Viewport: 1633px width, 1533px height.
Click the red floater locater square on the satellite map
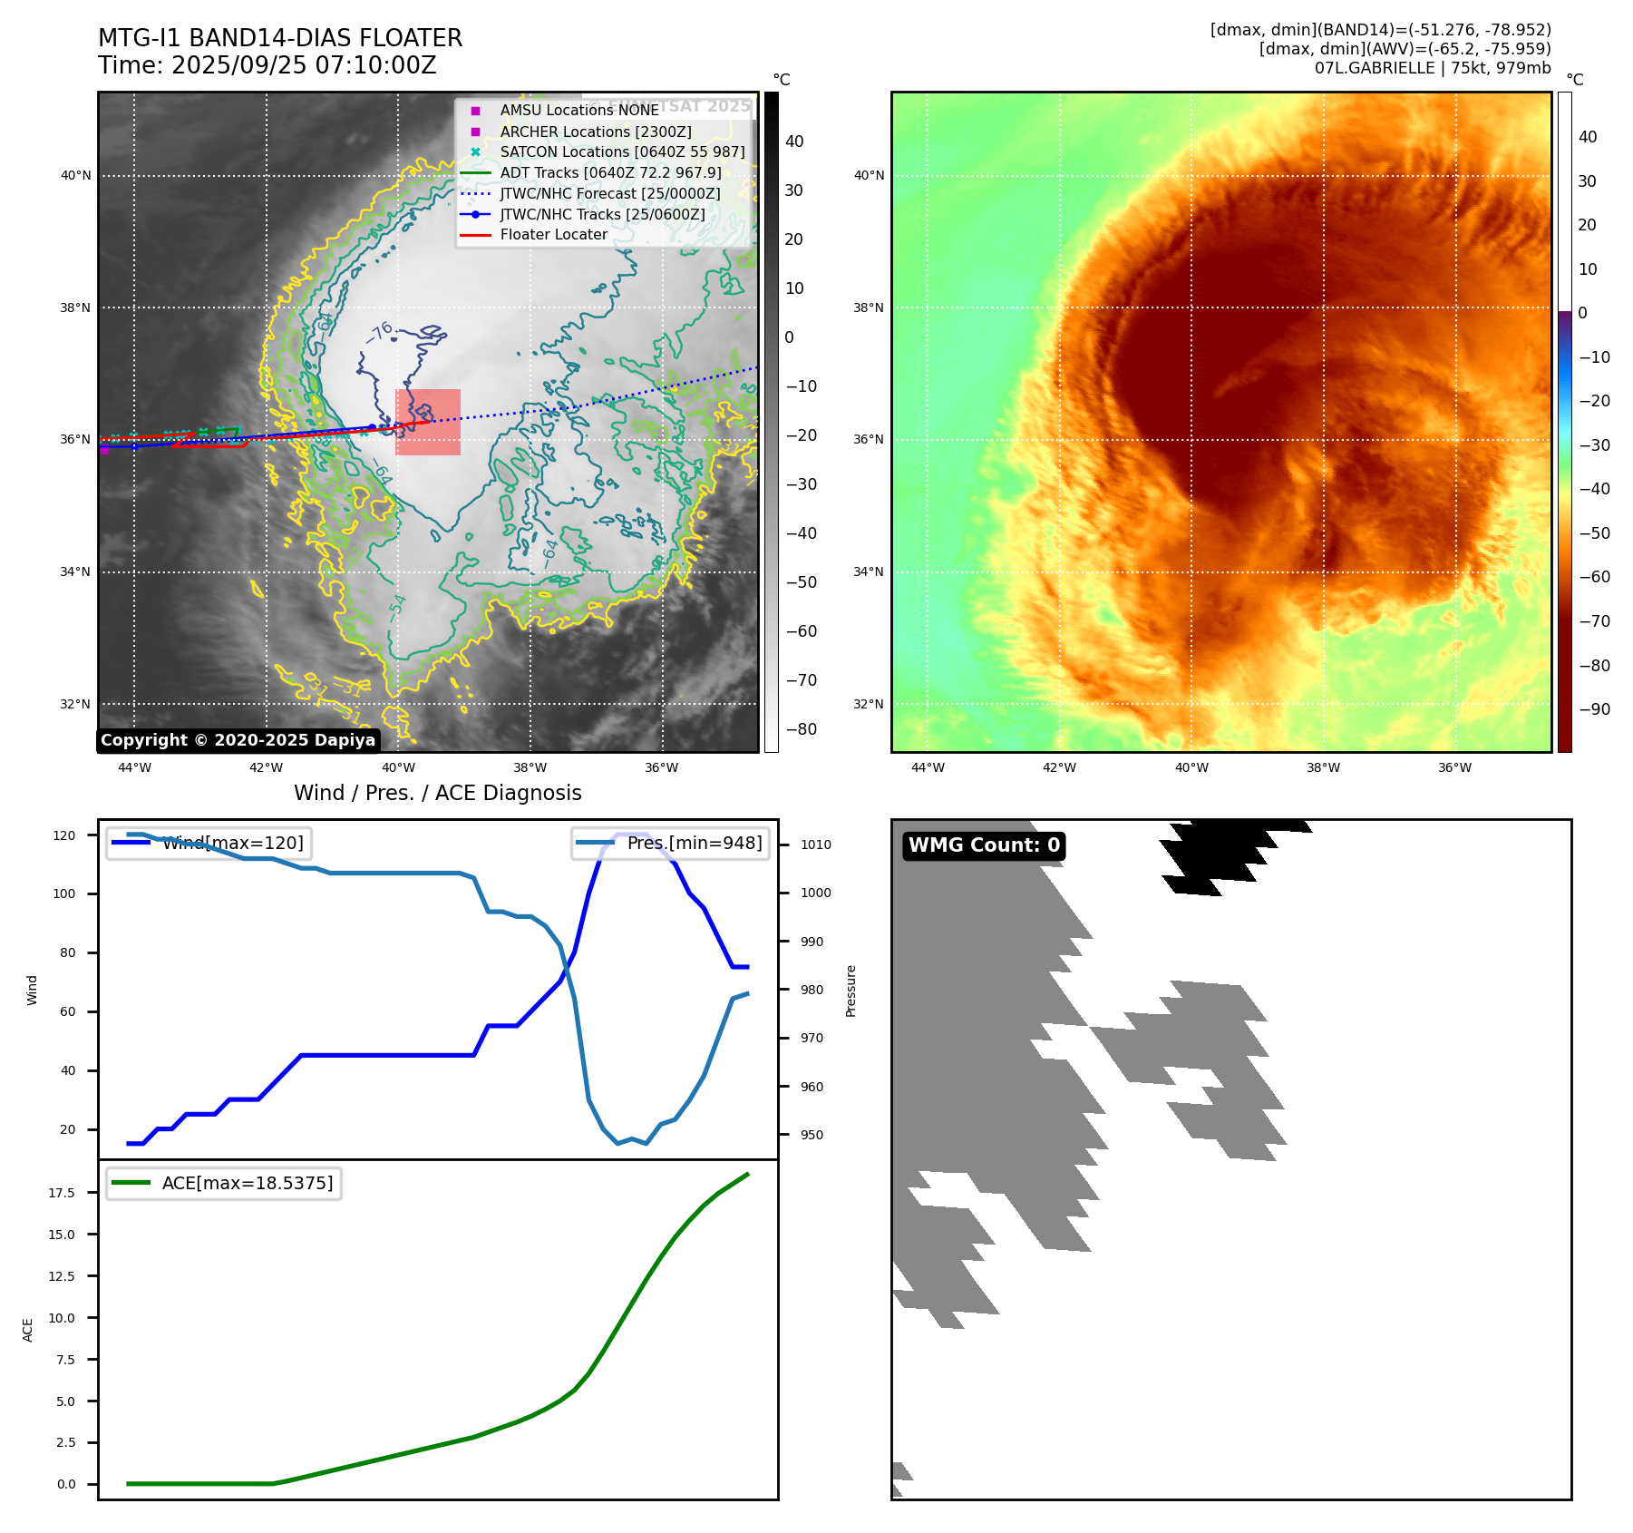point(428,422)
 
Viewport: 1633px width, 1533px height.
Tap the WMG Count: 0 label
point(984,845)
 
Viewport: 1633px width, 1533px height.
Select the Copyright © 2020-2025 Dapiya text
point(238,740)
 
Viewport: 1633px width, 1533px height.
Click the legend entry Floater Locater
point(553,235)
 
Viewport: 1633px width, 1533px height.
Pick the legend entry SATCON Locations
point(622,152)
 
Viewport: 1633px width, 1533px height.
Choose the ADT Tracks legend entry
point(610,173)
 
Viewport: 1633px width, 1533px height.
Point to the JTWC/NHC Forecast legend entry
point(609,194)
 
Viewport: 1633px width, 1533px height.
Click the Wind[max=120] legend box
point(208,844)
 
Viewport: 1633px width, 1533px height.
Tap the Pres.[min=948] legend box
point(670,844)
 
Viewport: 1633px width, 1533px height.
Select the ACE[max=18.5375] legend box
point(223,1184)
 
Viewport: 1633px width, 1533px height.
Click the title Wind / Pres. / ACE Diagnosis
point(437,794)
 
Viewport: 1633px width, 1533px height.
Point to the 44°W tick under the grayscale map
point(134,768)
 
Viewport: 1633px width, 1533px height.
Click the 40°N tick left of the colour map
point(869,176)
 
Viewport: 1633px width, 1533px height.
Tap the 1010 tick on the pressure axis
point(815,845)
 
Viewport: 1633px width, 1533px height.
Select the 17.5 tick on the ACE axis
point(62,1193)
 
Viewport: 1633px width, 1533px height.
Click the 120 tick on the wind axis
point(64,835)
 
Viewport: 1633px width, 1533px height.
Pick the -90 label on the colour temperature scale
point(1594,709)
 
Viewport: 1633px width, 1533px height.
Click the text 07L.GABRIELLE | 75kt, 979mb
point(1433,68)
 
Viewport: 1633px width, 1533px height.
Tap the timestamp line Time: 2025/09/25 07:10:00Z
point(267,66)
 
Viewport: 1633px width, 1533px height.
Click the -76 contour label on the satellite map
point(380,332)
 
